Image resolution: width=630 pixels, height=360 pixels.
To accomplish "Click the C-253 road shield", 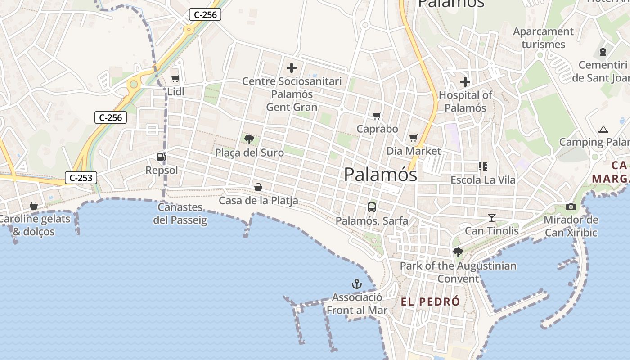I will click(81, 178).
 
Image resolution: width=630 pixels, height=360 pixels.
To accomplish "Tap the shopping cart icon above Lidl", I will click(175, 79).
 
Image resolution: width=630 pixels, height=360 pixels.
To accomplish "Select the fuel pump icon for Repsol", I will click(161, 157).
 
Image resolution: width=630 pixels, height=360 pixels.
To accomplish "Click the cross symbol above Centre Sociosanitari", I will click(292, 68).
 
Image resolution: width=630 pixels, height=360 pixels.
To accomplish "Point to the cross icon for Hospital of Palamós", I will click(465, 82).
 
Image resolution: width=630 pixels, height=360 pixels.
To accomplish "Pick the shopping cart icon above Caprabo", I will click(377, 116).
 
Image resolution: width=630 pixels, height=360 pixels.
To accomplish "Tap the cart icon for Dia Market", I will click(414, 138).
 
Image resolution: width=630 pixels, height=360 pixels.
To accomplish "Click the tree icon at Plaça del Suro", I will click(249, 139).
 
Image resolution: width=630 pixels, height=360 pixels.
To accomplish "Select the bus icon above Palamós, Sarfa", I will click(372, 207).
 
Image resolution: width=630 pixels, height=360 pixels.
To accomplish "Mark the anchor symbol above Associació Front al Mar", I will click(356, 284).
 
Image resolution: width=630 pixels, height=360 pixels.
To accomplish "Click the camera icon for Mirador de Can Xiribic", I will click(571, 207).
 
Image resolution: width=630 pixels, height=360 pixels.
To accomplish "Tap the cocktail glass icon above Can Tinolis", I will click(491, 218).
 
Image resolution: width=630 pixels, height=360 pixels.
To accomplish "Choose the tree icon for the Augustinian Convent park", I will click(458, 252).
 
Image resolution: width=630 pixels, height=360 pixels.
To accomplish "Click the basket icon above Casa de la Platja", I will click(258, 187).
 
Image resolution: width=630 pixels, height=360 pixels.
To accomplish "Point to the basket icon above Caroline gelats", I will click(34, 206).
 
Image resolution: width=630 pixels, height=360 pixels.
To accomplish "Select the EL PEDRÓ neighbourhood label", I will click(431, 301).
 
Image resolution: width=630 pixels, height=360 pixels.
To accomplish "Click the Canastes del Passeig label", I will click(180, 214).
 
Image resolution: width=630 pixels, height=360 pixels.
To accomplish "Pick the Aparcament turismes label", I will click(543, 38).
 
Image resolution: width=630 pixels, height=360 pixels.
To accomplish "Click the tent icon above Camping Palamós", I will click(603, 130).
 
